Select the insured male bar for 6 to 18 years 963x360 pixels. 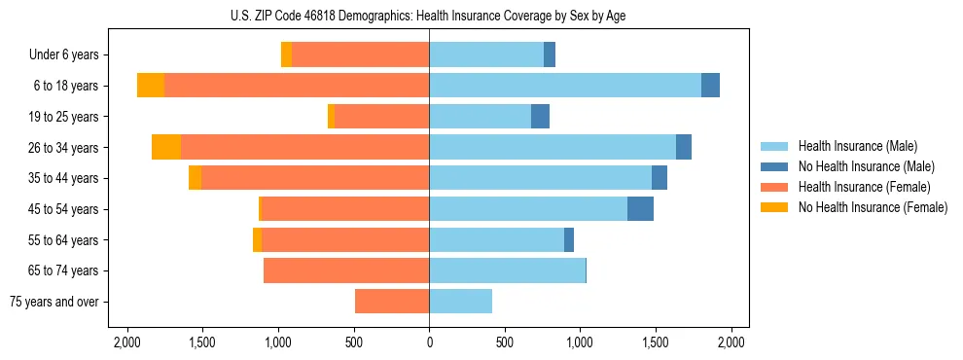point(565,86)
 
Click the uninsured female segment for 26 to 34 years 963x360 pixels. point(166,147)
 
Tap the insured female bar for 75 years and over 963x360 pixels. point(392,302)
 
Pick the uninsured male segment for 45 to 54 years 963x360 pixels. point(640,209)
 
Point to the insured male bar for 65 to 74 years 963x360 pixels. point(507,270)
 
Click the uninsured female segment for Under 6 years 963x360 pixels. point(286,54)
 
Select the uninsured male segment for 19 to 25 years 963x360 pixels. point(540,117)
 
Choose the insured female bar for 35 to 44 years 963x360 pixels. point(315,178)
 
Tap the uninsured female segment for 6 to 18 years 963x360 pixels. point(151,86)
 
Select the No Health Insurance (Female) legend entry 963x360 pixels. point(873,207)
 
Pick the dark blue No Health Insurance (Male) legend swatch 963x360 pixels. point(774,166)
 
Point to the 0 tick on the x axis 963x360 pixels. point(429,342)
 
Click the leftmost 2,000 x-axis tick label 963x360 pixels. point(127,342)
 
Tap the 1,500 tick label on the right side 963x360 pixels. point(656,342)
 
